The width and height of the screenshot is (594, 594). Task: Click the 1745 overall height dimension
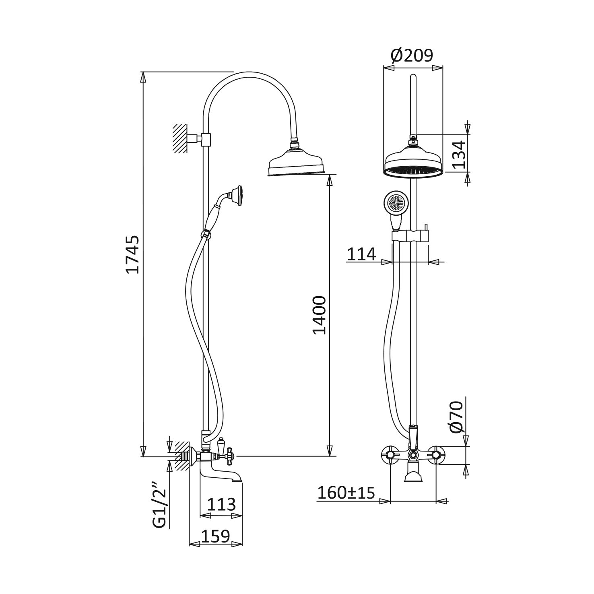[x=132, y=255]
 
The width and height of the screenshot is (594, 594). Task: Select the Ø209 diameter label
[x=412, y=56]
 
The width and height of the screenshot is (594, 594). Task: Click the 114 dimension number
[x=361, y=254]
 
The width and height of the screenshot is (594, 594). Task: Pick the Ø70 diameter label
[x=457, y=417]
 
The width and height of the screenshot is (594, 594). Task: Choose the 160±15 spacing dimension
[x=346, y=492]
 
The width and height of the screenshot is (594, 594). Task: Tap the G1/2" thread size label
[x=159, y=505]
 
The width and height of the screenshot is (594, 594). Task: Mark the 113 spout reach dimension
[x=221, y=504]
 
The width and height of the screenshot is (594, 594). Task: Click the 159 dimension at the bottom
[x=215, y=536]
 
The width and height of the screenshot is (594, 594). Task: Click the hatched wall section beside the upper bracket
[x=180, y=138]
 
